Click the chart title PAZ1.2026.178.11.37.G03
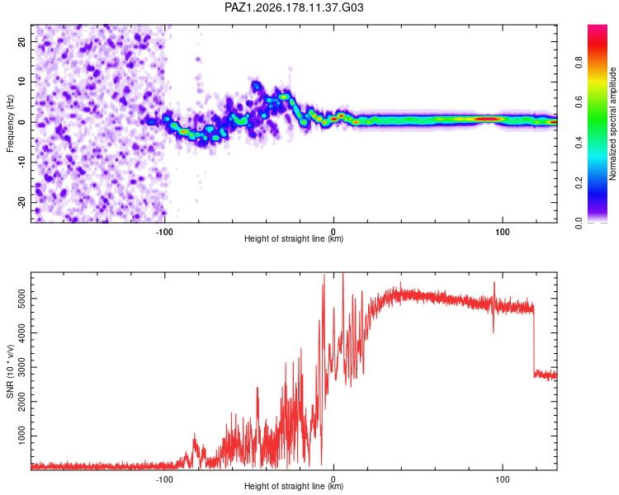coord(294,7)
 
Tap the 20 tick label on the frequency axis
coord(22,41)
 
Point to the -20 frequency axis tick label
coord(22,203)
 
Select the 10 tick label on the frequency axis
coord(22,82)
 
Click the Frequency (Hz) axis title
coord(10,124)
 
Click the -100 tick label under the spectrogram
coord(164,232)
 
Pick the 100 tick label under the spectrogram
coord(502,232)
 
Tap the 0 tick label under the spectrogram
coord(333,232)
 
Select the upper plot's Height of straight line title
coord(294,238)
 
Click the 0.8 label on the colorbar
coord(579,62)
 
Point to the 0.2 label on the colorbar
coord(579,183)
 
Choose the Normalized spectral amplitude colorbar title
coord(612,124)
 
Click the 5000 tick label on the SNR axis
coord(22,299)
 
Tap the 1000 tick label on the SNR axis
coord(22,436)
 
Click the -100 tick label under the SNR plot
coord(164,479)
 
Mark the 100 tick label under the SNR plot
coord(502,479)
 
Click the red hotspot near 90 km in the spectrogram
coord(488,119)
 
